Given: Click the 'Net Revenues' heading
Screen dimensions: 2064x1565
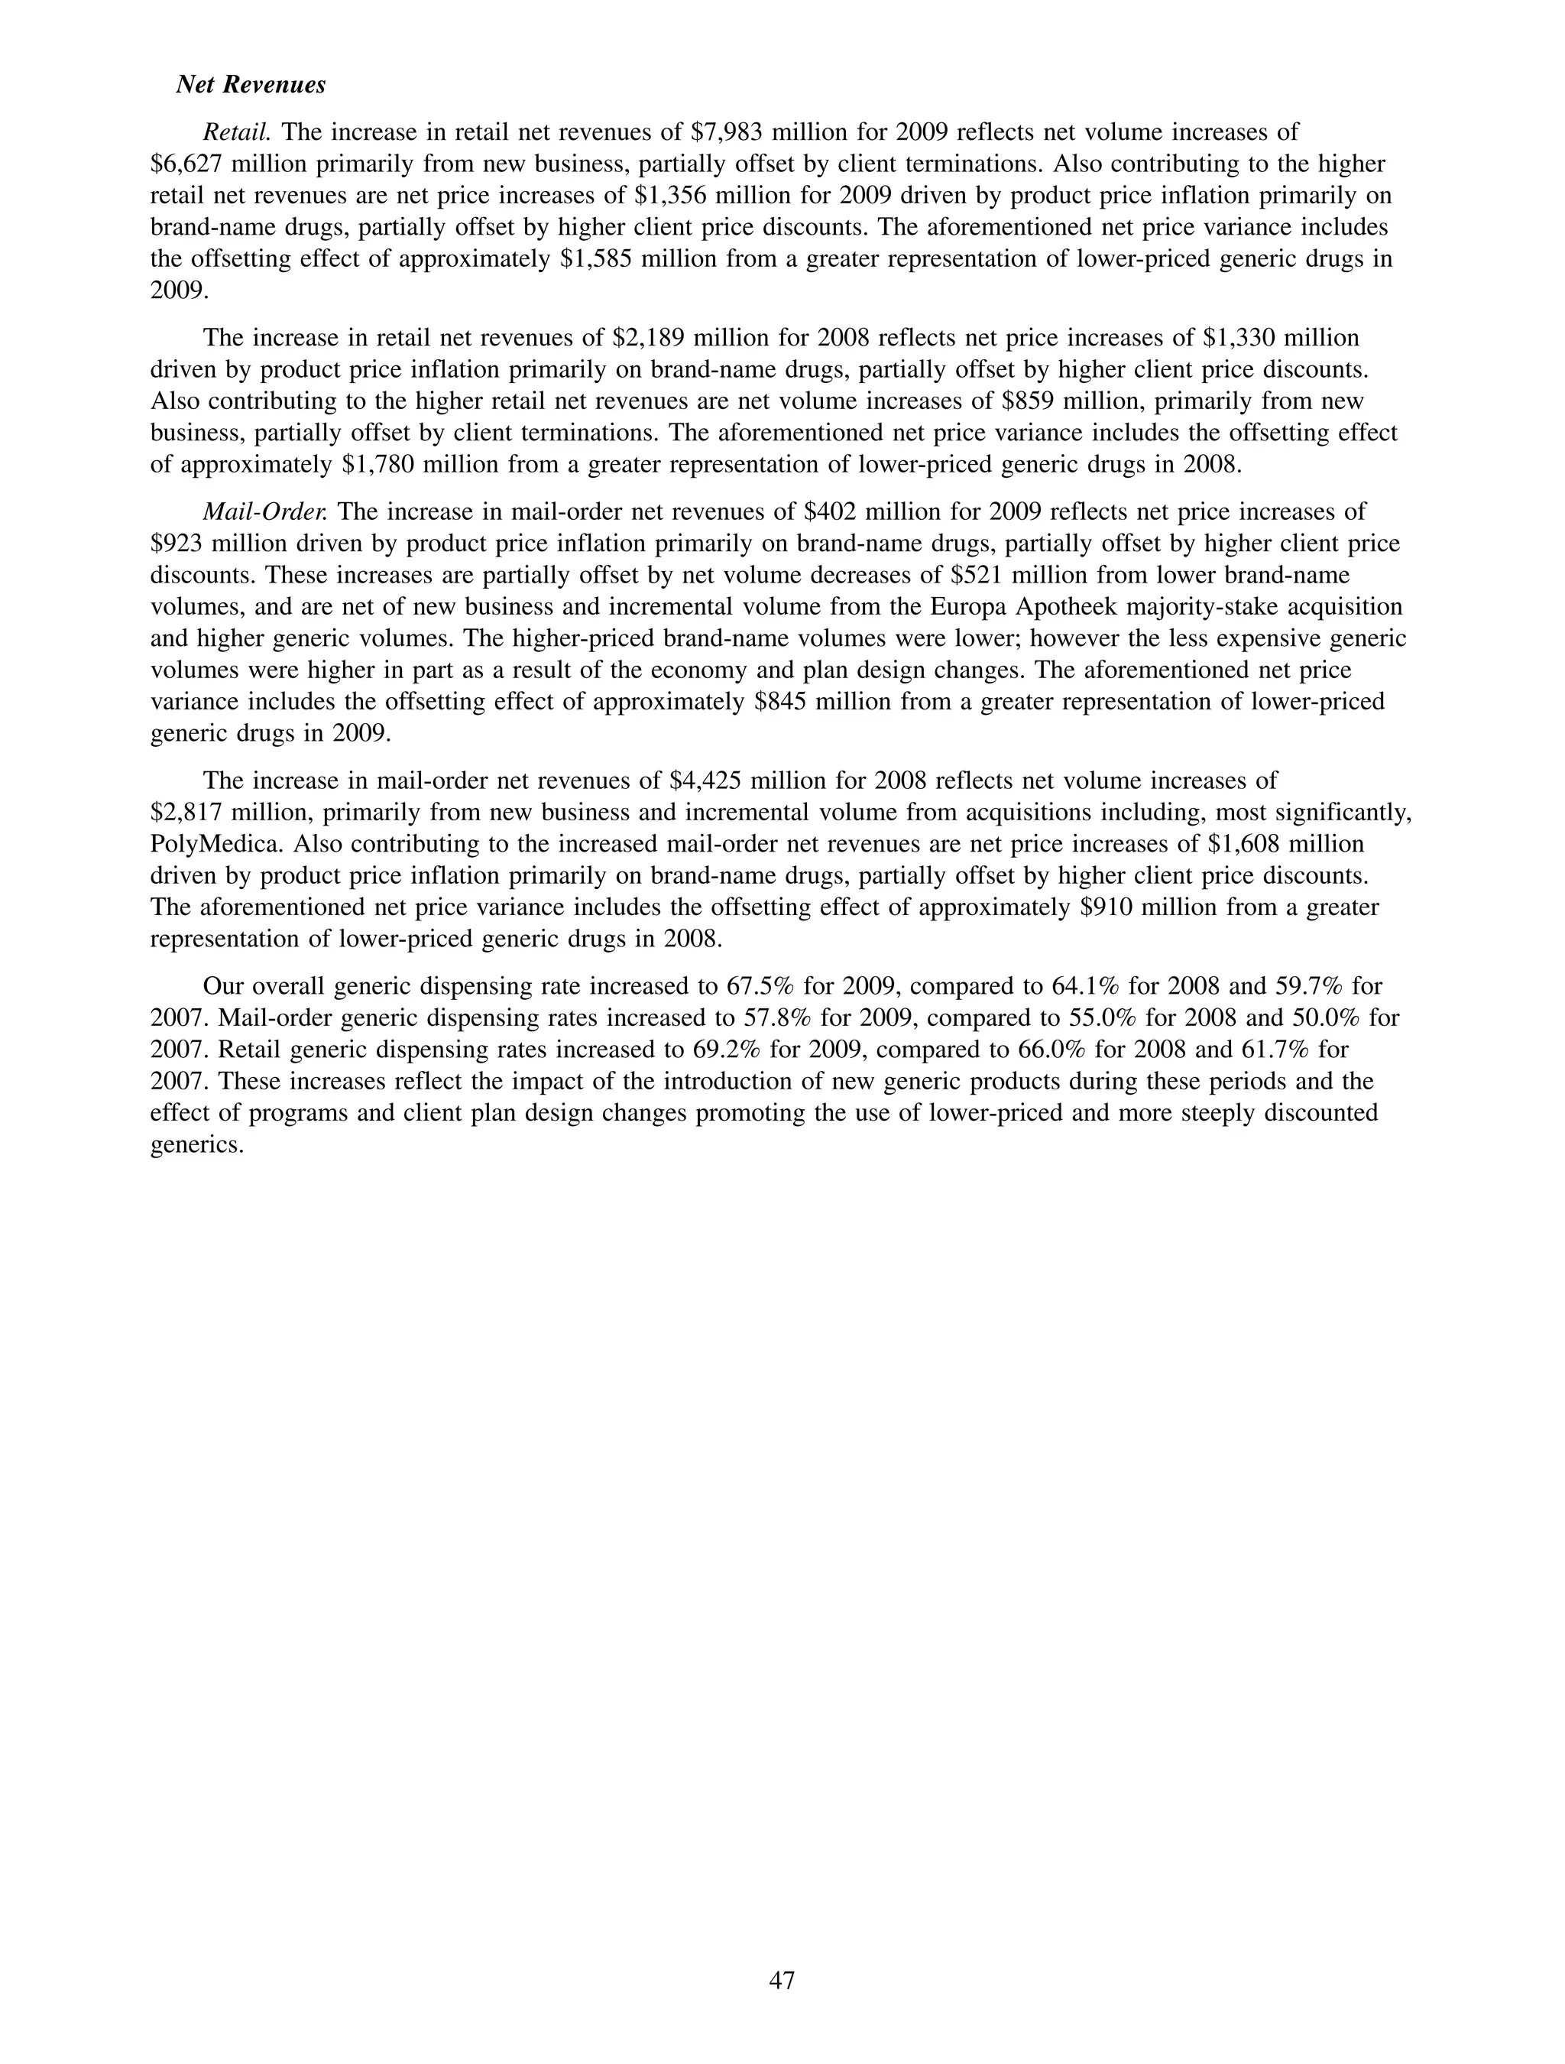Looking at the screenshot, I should point(251,85).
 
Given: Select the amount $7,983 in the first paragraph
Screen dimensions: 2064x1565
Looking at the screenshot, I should point(727,132).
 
